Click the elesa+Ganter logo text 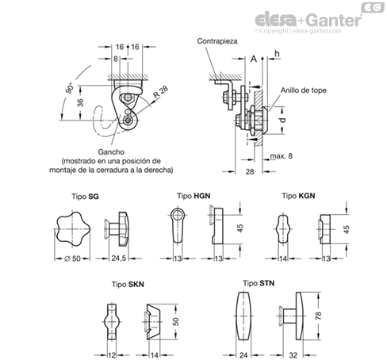pos(308,20)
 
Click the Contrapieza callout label pos(217,41)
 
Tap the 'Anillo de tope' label pos(303,90)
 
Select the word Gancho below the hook pos(111,152)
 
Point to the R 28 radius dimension pos(161,92)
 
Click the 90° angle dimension pos(70,88)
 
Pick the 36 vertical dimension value pos(81,102)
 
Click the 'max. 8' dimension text pos(282,156)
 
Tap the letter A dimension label pos(254,59)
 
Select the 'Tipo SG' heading pos(85,197)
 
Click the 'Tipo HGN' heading pos(193,196)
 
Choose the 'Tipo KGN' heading pos(298,196)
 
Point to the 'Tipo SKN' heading pos(128,285)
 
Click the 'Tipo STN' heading pos(259,283)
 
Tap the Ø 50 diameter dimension pos(72,259)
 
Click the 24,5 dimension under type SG pos(119,259)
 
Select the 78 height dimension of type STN pos(318,316)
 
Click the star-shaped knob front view pos(72,229)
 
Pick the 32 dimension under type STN pos(293,355)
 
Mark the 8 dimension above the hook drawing pos(116,59)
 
